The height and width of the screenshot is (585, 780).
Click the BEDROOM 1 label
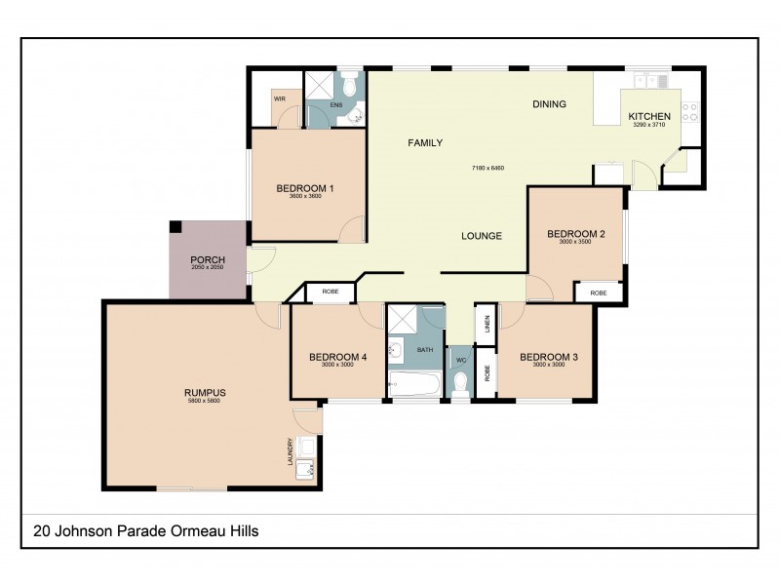tap(305, 188)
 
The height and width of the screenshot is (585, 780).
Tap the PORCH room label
tap(208, 259)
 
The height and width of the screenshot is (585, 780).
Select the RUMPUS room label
tap(205, 393)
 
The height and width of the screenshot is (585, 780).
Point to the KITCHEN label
tap(648, 116)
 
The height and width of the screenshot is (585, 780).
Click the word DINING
tap(549, 104)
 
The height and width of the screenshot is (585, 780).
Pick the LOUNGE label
tap(482, 236)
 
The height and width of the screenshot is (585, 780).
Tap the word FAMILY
tap(425, 143)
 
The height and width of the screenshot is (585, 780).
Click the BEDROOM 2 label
tap(576, 234)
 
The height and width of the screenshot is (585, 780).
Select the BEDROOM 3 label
tap(549, 358)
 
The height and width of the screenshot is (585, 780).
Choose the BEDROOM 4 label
tap(337, 358)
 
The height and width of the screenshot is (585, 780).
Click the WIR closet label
tap(279, 98)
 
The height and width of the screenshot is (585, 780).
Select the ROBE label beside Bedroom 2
tap(598, 292)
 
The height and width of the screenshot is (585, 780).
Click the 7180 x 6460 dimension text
tap(487, 169)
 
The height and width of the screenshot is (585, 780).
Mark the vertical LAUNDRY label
tap(290, 449)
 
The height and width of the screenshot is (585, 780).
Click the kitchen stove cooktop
tap(690, 111)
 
